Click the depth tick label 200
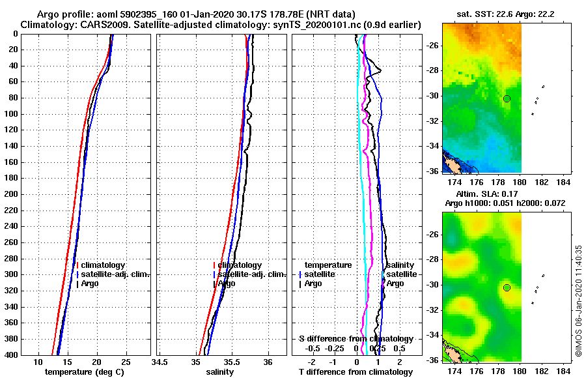(x=10, y=194)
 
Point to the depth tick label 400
(x=10, y=355)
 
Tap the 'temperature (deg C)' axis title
(x=84, y=372)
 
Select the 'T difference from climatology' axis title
(x=356, y=372)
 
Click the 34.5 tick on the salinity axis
(x=160, y=362)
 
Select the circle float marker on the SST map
(x=507, y=98)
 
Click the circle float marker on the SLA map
(x=507, y=287)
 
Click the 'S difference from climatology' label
(x=356, y=339)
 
